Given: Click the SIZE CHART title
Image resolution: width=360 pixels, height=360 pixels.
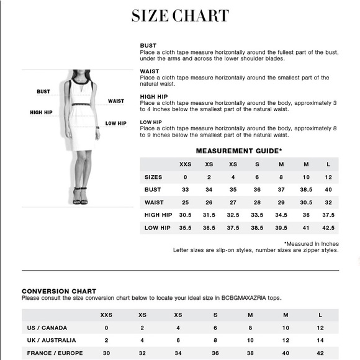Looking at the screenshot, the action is coord(180,16).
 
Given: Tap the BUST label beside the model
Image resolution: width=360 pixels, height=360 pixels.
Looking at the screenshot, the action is coord(43,91).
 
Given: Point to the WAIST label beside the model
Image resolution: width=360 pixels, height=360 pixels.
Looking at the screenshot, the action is coord(116,101).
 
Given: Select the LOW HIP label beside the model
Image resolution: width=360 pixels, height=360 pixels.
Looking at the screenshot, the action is coord(116,123).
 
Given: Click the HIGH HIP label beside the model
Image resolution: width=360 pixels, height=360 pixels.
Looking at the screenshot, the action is coord(41,112).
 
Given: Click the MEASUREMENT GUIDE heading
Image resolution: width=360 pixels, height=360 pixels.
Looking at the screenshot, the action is coord(239,150).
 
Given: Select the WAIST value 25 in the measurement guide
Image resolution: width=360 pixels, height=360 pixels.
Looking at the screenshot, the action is coord(185,202).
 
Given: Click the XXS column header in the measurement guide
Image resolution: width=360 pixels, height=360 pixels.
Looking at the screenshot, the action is coord(185,164).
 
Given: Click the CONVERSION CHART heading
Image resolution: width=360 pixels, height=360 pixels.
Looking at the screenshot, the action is coord(59,290).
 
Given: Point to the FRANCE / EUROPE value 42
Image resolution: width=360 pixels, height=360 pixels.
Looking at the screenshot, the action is coord(320,353).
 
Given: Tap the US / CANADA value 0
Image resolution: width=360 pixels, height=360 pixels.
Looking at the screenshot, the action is coord(106,327).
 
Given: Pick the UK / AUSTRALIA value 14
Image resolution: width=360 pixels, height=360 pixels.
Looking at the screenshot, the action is coord(320,340).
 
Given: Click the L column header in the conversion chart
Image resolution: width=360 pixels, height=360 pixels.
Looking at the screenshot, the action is coord(320,315).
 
